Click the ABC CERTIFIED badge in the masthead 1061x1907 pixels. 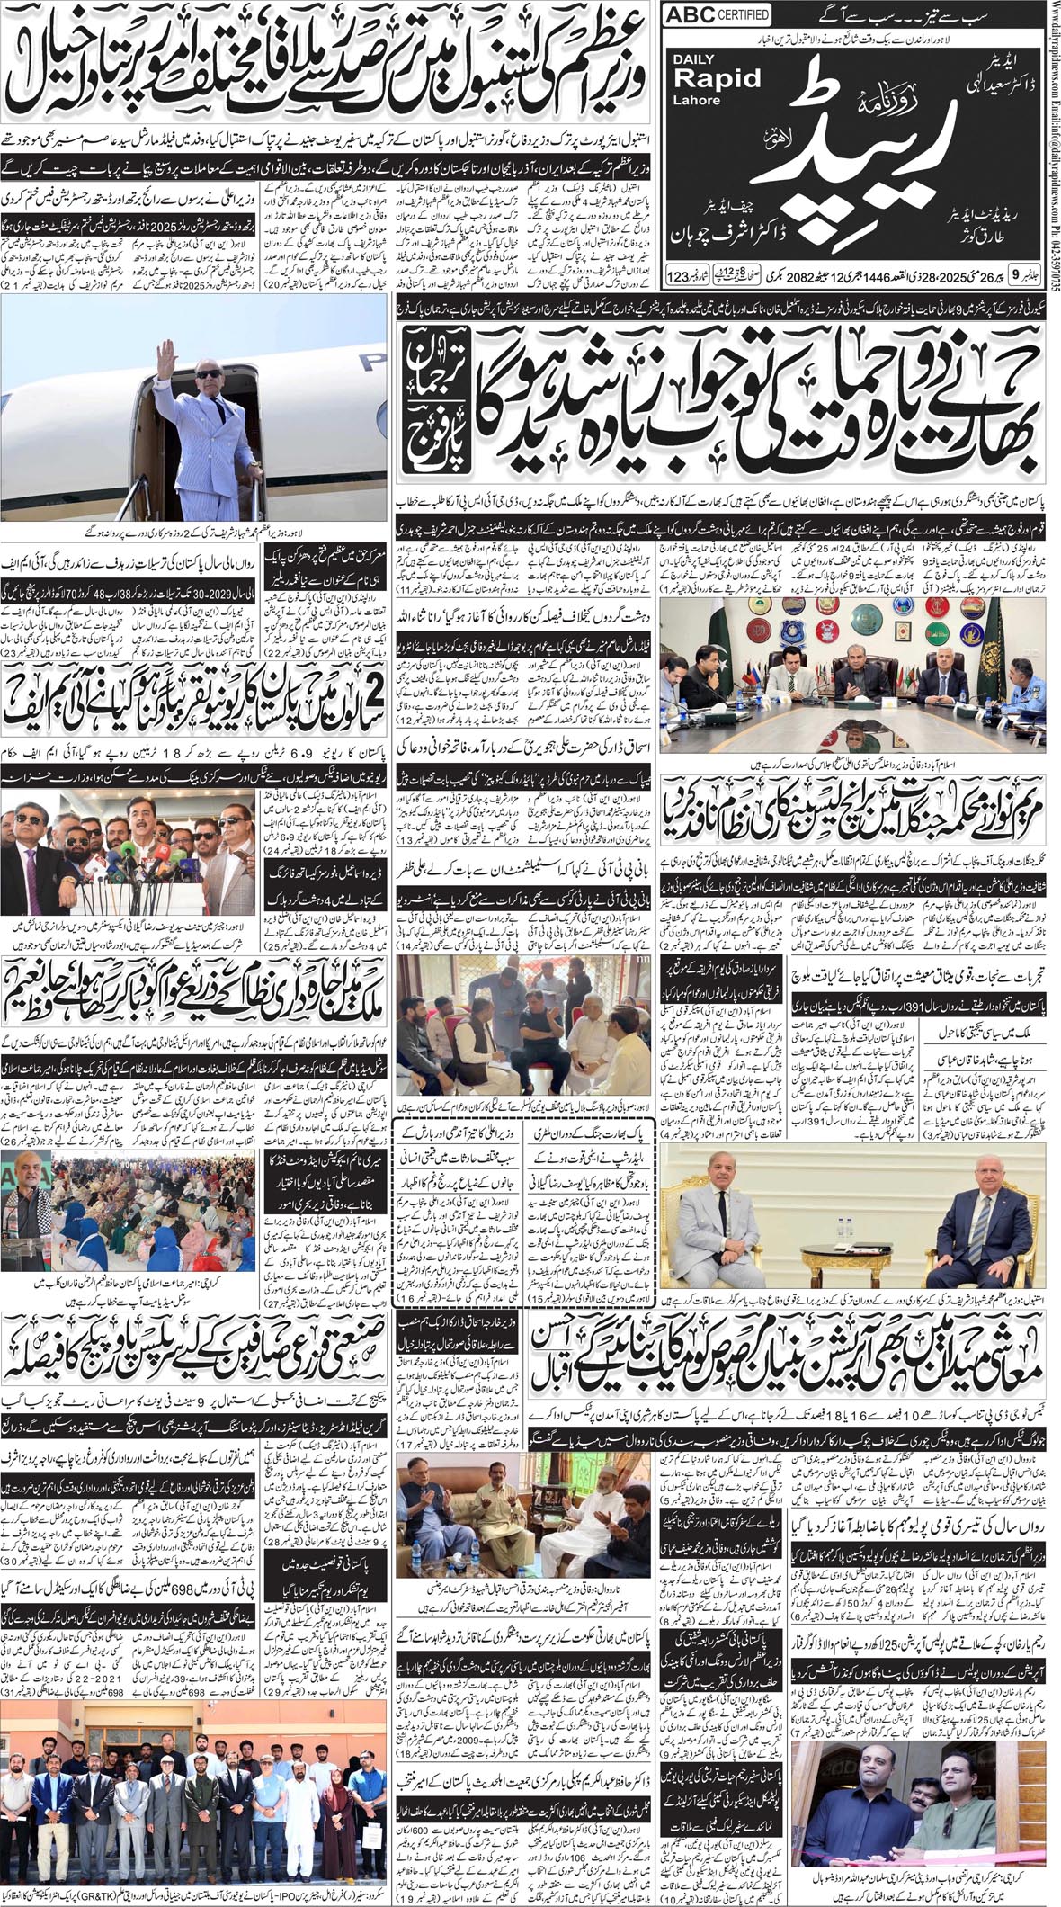[717, 15]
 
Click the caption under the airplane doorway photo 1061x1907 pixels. [193, 532]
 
